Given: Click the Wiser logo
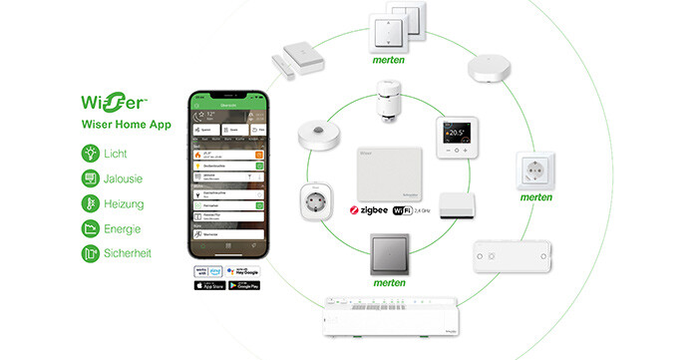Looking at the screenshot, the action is [x=116, y=104].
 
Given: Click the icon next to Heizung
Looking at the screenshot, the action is [x=90, y=203].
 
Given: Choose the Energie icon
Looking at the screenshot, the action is [x=90, y=228].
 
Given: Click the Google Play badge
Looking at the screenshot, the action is [x=244, y=285].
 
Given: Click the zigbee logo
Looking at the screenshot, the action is [x=369, y=211].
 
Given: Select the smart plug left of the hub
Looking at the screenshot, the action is [x=317, y=205].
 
